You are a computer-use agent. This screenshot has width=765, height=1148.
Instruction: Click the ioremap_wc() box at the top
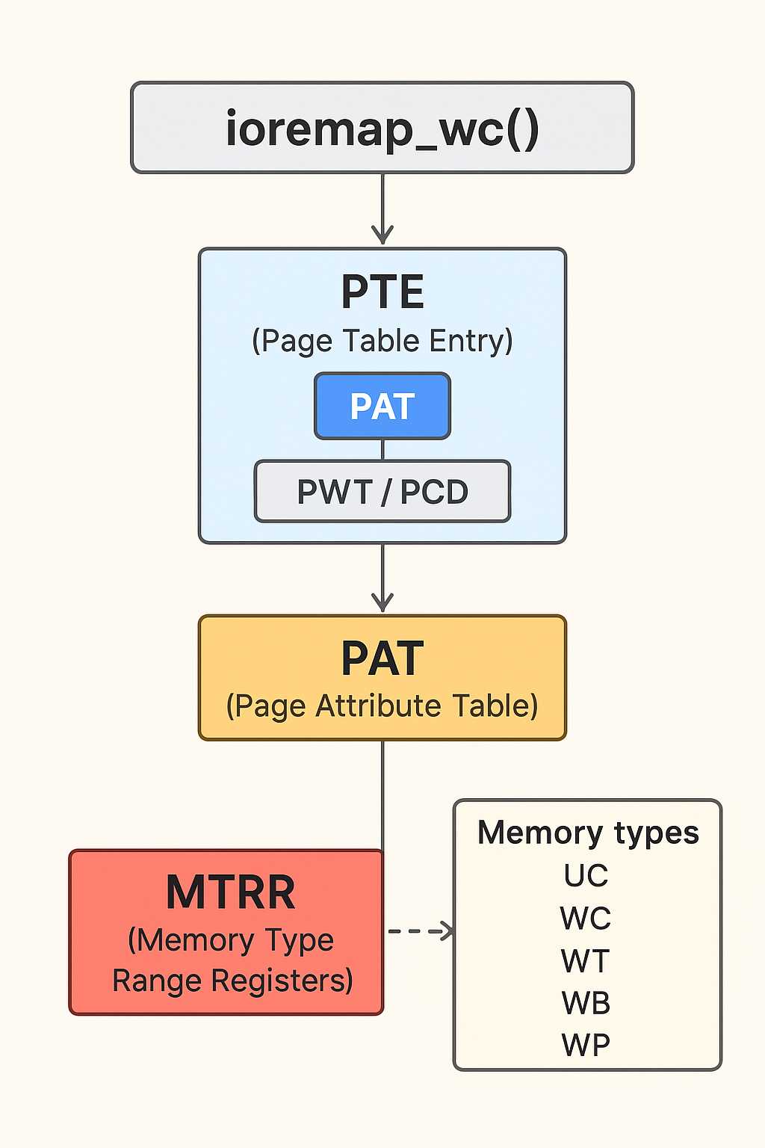coord(382,128)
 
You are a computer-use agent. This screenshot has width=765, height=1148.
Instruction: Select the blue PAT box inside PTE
coord(382,406)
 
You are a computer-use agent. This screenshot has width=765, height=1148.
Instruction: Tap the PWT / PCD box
coord(382,492)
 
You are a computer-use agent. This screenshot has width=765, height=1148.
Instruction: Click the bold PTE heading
coord(382,291)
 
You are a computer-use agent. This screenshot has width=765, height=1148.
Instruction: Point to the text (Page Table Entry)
coord(382,341)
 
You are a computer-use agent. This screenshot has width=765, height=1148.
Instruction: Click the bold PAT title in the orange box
coord(382,658)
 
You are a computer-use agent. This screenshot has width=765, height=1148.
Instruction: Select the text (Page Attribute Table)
coord(382,706)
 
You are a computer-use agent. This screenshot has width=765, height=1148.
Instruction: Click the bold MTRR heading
coord(230,892)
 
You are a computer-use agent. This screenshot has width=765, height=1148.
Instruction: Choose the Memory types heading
coord(588,833)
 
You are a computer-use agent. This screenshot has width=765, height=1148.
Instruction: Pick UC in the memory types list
coord(586,875)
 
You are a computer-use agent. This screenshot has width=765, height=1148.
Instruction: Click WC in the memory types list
coord(586,918)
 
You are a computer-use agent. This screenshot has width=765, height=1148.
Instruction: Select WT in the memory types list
coord(586,960)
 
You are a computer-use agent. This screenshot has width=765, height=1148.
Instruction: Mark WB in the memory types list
coord(586,1003)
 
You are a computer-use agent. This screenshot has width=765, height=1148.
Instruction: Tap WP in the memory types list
coord(586,1045)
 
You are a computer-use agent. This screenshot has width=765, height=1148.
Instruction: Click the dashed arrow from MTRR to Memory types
coord(419,931)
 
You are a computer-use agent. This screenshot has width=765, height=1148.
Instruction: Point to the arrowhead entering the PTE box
coord(382,235)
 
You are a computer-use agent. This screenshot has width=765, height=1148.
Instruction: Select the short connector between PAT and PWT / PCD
coord(382,450)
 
